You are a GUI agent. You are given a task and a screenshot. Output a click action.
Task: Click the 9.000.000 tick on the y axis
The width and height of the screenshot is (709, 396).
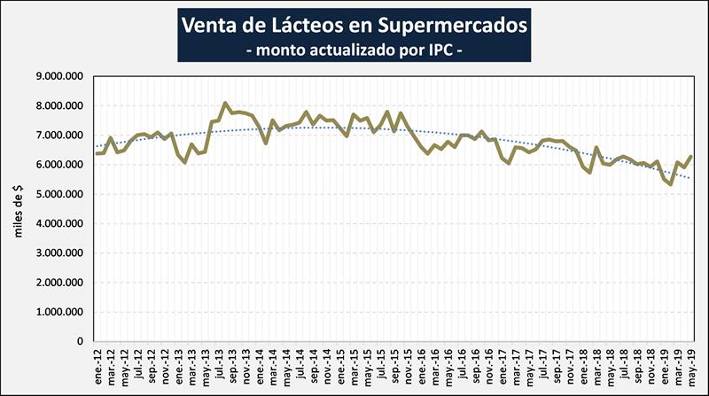pos(58,77)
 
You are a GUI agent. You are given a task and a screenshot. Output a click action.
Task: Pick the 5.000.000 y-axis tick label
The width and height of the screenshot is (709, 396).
pos(58,194)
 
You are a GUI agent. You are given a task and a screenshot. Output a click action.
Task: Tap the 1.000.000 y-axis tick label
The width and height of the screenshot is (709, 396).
pos(58,312)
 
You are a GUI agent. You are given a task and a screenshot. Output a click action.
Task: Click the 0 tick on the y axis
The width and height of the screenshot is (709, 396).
pos(80,341)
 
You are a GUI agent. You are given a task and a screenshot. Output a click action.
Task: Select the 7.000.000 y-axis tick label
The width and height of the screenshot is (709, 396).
pos(58,136)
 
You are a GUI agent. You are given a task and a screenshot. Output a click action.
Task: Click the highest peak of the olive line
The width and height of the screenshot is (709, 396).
pos(225,103)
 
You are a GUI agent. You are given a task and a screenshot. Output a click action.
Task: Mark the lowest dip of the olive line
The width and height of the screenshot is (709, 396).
pos(670,184)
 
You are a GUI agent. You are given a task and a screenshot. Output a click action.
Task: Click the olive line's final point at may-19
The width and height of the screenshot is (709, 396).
pos(690,157)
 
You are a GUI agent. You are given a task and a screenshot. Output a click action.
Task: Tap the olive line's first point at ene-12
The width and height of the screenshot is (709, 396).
pos(96,154)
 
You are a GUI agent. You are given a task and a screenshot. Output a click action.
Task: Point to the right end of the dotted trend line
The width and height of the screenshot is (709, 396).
pos(690,178)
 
